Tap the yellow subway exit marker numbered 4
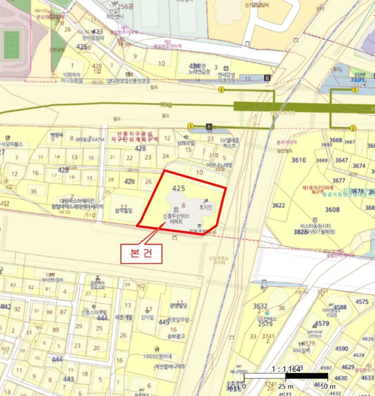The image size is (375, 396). tap(222, 89)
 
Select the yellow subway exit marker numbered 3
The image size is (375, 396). tap(191, 126)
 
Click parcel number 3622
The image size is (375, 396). tap(278, 205)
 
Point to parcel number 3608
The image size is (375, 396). tap(332, 210)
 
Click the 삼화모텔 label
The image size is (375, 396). tap(186, 143)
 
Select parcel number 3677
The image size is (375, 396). tap(339, 180)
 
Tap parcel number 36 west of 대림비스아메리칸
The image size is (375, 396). tap(33, 192)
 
